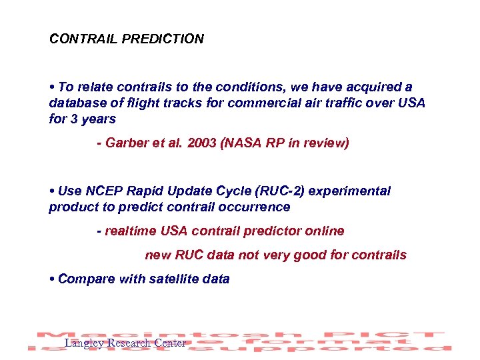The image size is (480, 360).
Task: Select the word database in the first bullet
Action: [74, 103]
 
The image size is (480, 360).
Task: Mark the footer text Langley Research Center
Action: [125, 343]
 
